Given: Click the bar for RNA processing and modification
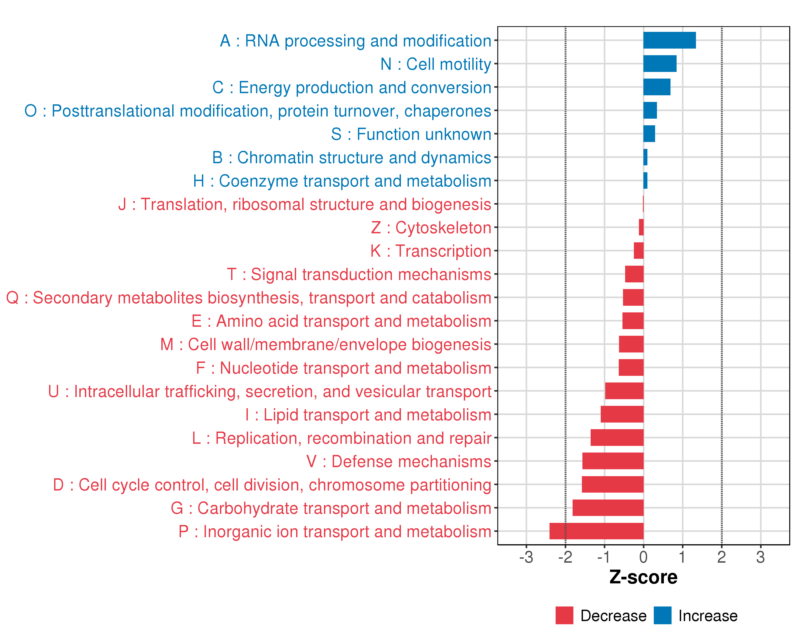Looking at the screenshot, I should click(669, 40).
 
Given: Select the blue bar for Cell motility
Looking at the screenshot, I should click(660, 63).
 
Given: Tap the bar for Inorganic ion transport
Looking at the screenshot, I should click(596, 531).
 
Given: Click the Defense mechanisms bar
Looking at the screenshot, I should click(613, 461).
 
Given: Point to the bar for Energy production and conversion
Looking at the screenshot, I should click(657, 87).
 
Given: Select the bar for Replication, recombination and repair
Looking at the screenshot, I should click(617, 438).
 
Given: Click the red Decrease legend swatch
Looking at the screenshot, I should click(564, 615).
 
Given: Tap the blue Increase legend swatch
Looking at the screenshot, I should click(662, 615).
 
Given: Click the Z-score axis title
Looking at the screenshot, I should click(643, 577).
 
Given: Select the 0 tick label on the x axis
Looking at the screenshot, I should click(643, 557).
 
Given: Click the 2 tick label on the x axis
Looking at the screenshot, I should click(721, 557).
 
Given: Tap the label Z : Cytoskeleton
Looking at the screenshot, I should click(431, 228).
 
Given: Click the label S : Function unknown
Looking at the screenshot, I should click(411, 134).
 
